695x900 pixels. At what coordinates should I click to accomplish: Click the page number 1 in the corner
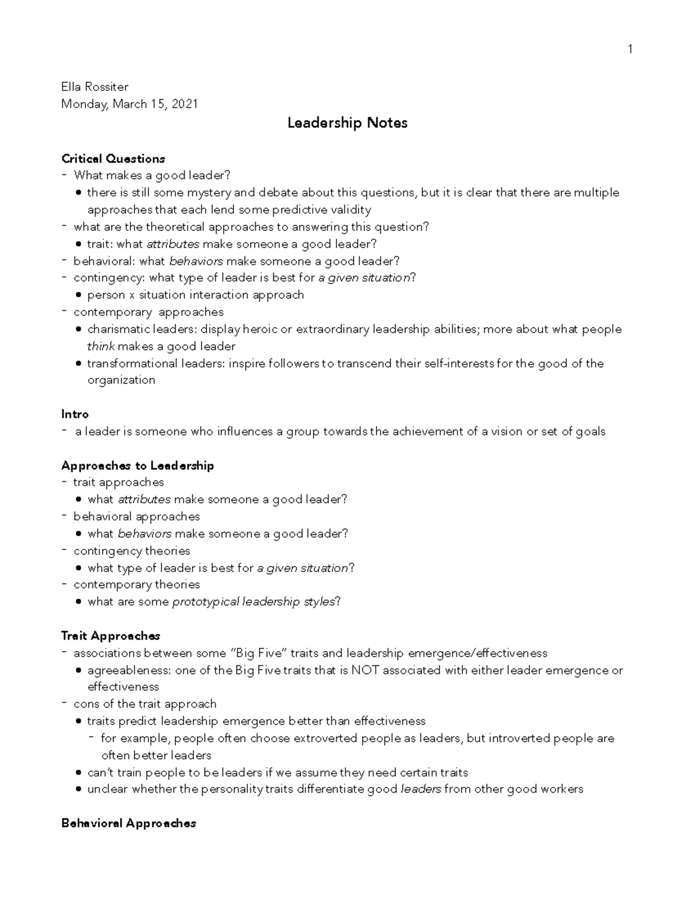coord(630,49)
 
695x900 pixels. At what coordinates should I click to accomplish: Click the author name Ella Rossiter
coord(95,87)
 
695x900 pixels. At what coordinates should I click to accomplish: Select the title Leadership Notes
coord(348,123)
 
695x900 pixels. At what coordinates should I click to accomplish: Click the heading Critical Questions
coord(113,159)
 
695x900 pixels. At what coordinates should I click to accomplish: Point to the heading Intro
coord(75,414)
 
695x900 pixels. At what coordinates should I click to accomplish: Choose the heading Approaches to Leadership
coord(137,465)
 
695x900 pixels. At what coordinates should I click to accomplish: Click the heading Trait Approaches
coord(111,636)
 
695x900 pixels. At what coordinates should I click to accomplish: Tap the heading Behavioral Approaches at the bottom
coord(129,823)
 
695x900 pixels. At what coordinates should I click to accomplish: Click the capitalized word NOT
coord(365,671)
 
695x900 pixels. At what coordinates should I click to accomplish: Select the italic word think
coord(101,347)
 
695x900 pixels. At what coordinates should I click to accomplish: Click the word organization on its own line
coord(121,380)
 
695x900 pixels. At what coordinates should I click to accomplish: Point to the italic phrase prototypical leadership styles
coord(254,602)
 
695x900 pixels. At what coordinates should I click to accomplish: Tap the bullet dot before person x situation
coord(79,295)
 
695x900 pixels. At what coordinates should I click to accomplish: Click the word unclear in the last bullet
coord(107,789)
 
